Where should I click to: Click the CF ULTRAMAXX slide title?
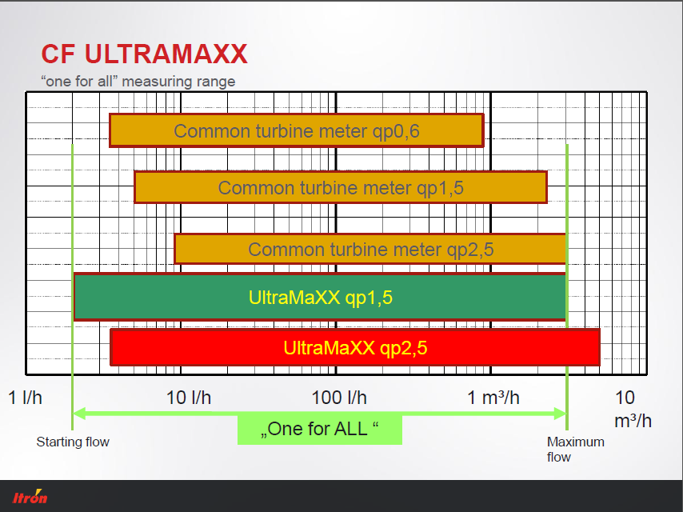coord(144,54)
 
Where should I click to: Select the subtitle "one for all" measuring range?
coord(138,82)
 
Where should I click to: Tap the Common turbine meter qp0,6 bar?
coord(297,130)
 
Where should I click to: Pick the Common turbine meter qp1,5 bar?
coord(341,187)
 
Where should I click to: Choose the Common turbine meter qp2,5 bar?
coord(370,249)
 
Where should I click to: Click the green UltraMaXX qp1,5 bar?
coord(320,297)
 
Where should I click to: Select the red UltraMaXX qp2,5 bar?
coord(355,347)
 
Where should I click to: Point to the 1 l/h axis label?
coord(26,398)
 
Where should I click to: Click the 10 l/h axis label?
coord(189,398)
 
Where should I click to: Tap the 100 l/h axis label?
coord(339,398)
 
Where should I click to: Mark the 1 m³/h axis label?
coord(493,398)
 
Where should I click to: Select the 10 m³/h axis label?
coord(633,409)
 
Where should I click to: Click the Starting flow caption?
coord(73,442)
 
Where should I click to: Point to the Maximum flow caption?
coord(575,450)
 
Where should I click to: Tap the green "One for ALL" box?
coord(320,430)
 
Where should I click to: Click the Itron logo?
coord(30,496)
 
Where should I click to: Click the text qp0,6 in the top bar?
coord(396,131)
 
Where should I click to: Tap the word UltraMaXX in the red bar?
coord(329,348)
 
